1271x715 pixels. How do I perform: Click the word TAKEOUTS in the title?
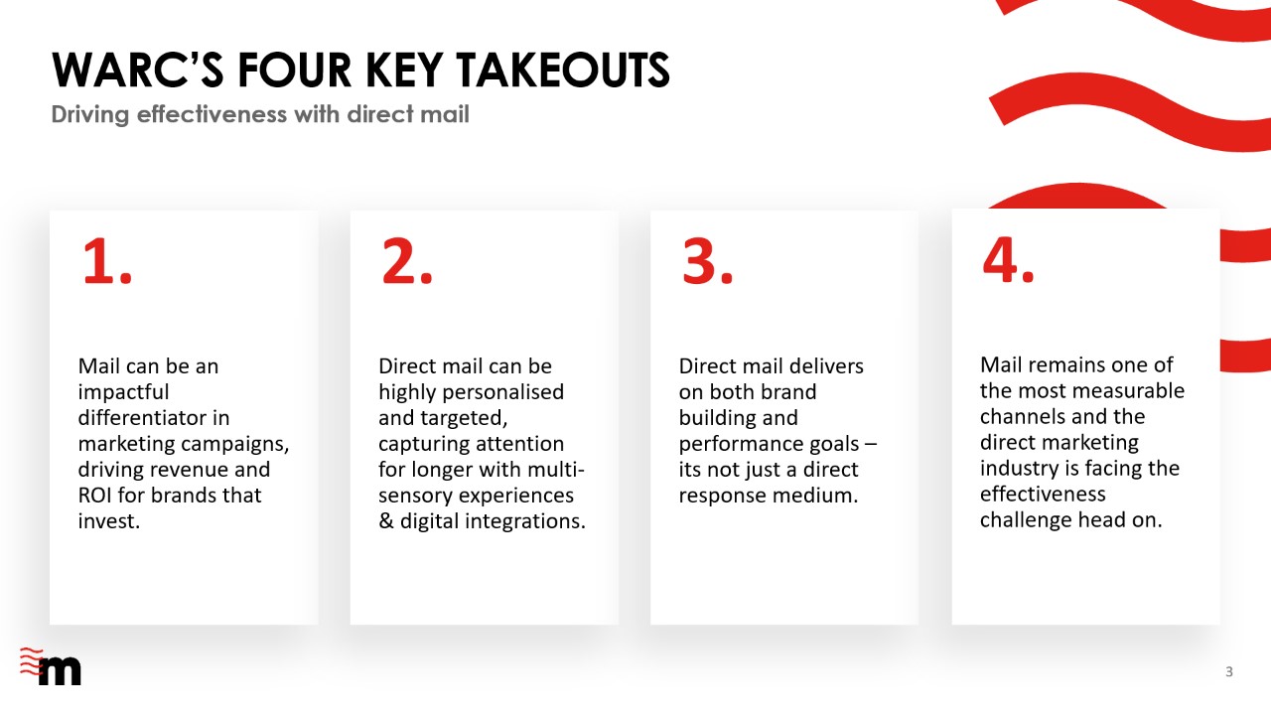(x=563, y=71)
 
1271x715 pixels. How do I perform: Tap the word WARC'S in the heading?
(x=137, y=71)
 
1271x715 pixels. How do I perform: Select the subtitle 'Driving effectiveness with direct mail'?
(x=260, y=114)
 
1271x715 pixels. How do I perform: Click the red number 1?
(x=106, y=261)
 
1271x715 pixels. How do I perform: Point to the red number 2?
(x=407, y=261)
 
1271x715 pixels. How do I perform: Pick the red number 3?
(x=708, y=261)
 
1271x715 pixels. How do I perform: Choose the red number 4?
(x=1008, y=260)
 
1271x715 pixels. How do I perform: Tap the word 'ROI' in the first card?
(x=94, y=496)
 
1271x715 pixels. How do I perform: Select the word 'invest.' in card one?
(x=109, y=521)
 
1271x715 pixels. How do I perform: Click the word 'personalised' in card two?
(x=502, y=392)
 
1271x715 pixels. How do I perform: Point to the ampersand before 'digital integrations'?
(x=386, y=521)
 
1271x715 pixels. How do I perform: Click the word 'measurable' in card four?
(x=1129, y=391)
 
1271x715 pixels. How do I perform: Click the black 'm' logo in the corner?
(x=60, y=671)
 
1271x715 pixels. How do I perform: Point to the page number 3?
(x=1229, y=672)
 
